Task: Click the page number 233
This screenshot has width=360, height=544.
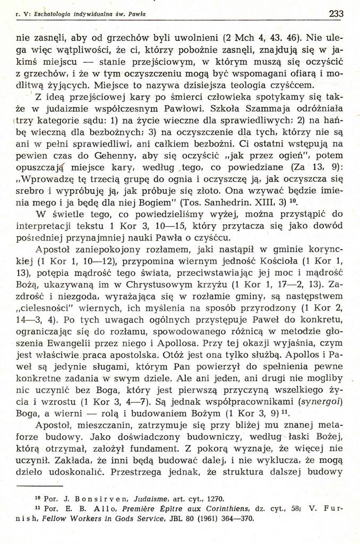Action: coord(336,14)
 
